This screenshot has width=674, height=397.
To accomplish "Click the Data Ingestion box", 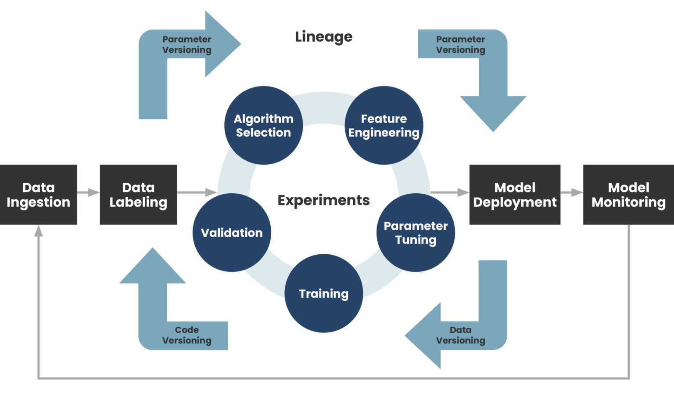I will click(39, 195).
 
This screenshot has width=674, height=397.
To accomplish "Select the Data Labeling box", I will click(138, 195).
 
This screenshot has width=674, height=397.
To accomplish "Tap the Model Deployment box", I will click(515, 195).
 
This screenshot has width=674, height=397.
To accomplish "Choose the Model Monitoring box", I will click(628, 195).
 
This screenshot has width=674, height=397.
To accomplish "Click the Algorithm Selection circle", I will click(263, 126).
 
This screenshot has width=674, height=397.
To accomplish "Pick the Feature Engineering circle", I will click(384, 126).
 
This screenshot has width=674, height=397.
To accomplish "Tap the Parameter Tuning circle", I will click(416, 233).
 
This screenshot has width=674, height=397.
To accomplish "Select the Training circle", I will click(324, 293).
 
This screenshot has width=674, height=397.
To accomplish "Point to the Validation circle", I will click(232, 233).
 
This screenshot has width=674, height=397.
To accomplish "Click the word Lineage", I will click(324, 37).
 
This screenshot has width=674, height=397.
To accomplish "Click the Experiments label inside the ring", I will click(324, 200).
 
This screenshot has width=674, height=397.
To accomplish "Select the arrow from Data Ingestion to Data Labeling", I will click(89, 192).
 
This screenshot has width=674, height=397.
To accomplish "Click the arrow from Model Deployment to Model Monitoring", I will click(572, 192).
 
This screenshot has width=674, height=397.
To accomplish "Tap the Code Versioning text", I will click(187, 335).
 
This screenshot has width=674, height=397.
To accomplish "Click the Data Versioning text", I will click(460, 335).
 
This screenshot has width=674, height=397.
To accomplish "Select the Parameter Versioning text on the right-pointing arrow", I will click(187, 44).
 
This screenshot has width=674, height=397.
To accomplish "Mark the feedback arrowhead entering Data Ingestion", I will click(39, 231).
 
